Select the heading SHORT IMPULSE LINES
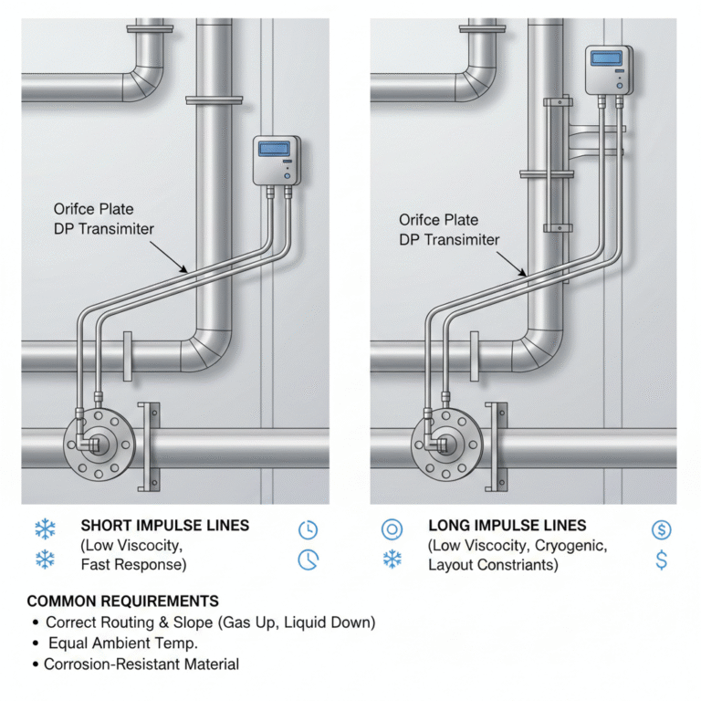pos(164,526)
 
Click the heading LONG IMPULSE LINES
pos(507,526)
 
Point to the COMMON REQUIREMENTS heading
pos(123,602)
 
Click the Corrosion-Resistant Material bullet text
pos(141,664)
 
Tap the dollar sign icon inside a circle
pos(662,528)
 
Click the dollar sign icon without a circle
pos(662,560)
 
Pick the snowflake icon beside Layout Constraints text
pos(392,560)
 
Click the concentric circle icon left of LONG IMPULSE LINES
pos(392,528)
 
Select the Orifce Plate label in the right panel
pos(438,220)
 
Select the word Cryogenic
pos(569,545)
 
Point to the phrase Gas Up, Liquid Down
pos(305,623)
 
